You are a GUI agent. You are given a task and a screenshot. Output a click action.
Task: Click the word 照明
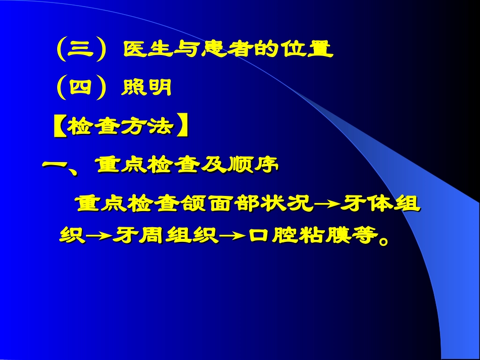147,89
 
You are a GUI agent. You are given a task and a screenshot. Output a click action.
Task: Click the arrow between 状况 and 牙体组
327,205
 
